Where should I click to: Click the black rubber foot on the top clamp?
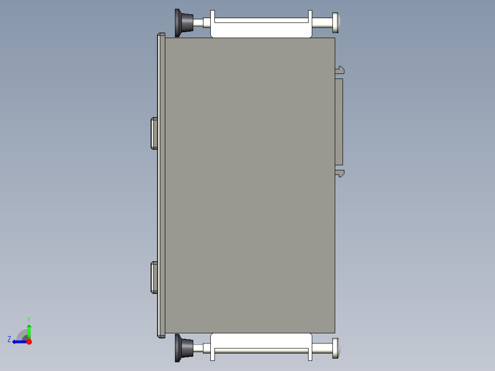[183, 22]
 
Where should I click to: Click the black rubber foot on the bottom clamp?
[183, 348]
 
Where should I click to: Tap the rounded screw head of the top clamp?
[336, 22]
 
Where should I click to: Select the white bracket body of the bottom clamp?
[261, 340]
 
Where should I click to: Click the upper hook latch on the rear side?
[340, 70]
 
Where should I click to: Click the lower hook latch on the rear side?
[340, 173]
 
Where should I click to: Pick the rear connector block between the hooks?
[339, 122]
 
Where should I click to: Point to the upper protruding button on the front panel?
[154, 133]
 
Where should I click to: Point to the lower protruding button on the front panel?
[154, 277]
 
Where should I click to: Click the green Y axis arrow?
[29, 330]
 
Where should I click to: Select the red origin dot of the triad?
[29, 342]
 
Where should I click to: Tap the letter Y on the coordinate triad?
[28, 319]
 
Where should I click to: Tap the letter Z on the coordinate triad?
[9, 339]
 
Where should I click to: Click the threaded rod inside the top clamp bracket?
[261, 20]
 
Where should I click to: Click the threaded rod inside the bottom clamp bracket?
[261, 351]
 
